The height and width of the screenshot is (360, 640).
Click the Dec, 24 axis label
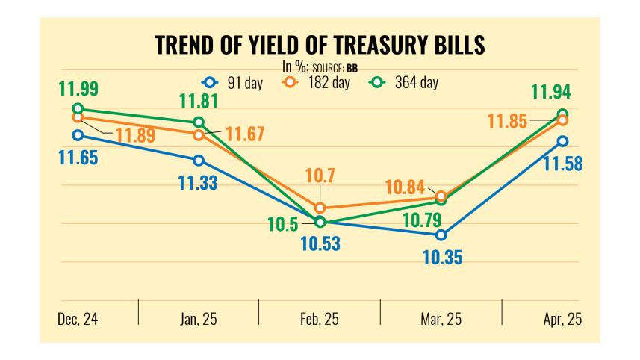coord(78,319)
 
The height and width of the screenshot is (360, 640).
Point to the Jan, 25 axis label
coord(199,319)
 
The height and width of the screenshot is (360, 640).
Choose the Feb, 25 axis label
coord(320,319)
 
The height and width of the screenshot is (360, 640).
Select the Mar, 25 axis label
coord(441,319)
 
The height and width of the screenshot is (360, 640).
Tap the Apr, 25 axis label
coord(561,319)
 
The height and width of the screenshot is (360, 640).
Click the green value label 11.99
coord(78,88)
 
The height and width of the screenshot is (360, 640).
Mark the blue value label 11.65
coord(78,158)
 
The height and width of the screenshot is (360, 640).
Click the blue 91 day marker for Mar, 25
coord(441,235)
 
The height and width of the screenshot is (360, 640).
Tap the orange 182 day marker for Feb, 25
coord(320,208)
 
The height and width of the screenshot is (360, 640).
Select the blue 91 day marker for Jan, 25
coord(199,161)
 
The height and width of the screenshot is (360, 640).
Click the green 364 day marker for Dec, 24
coord(78,109)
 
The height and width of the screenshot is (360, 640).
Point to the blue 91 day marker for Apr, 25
coord(562,141)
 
